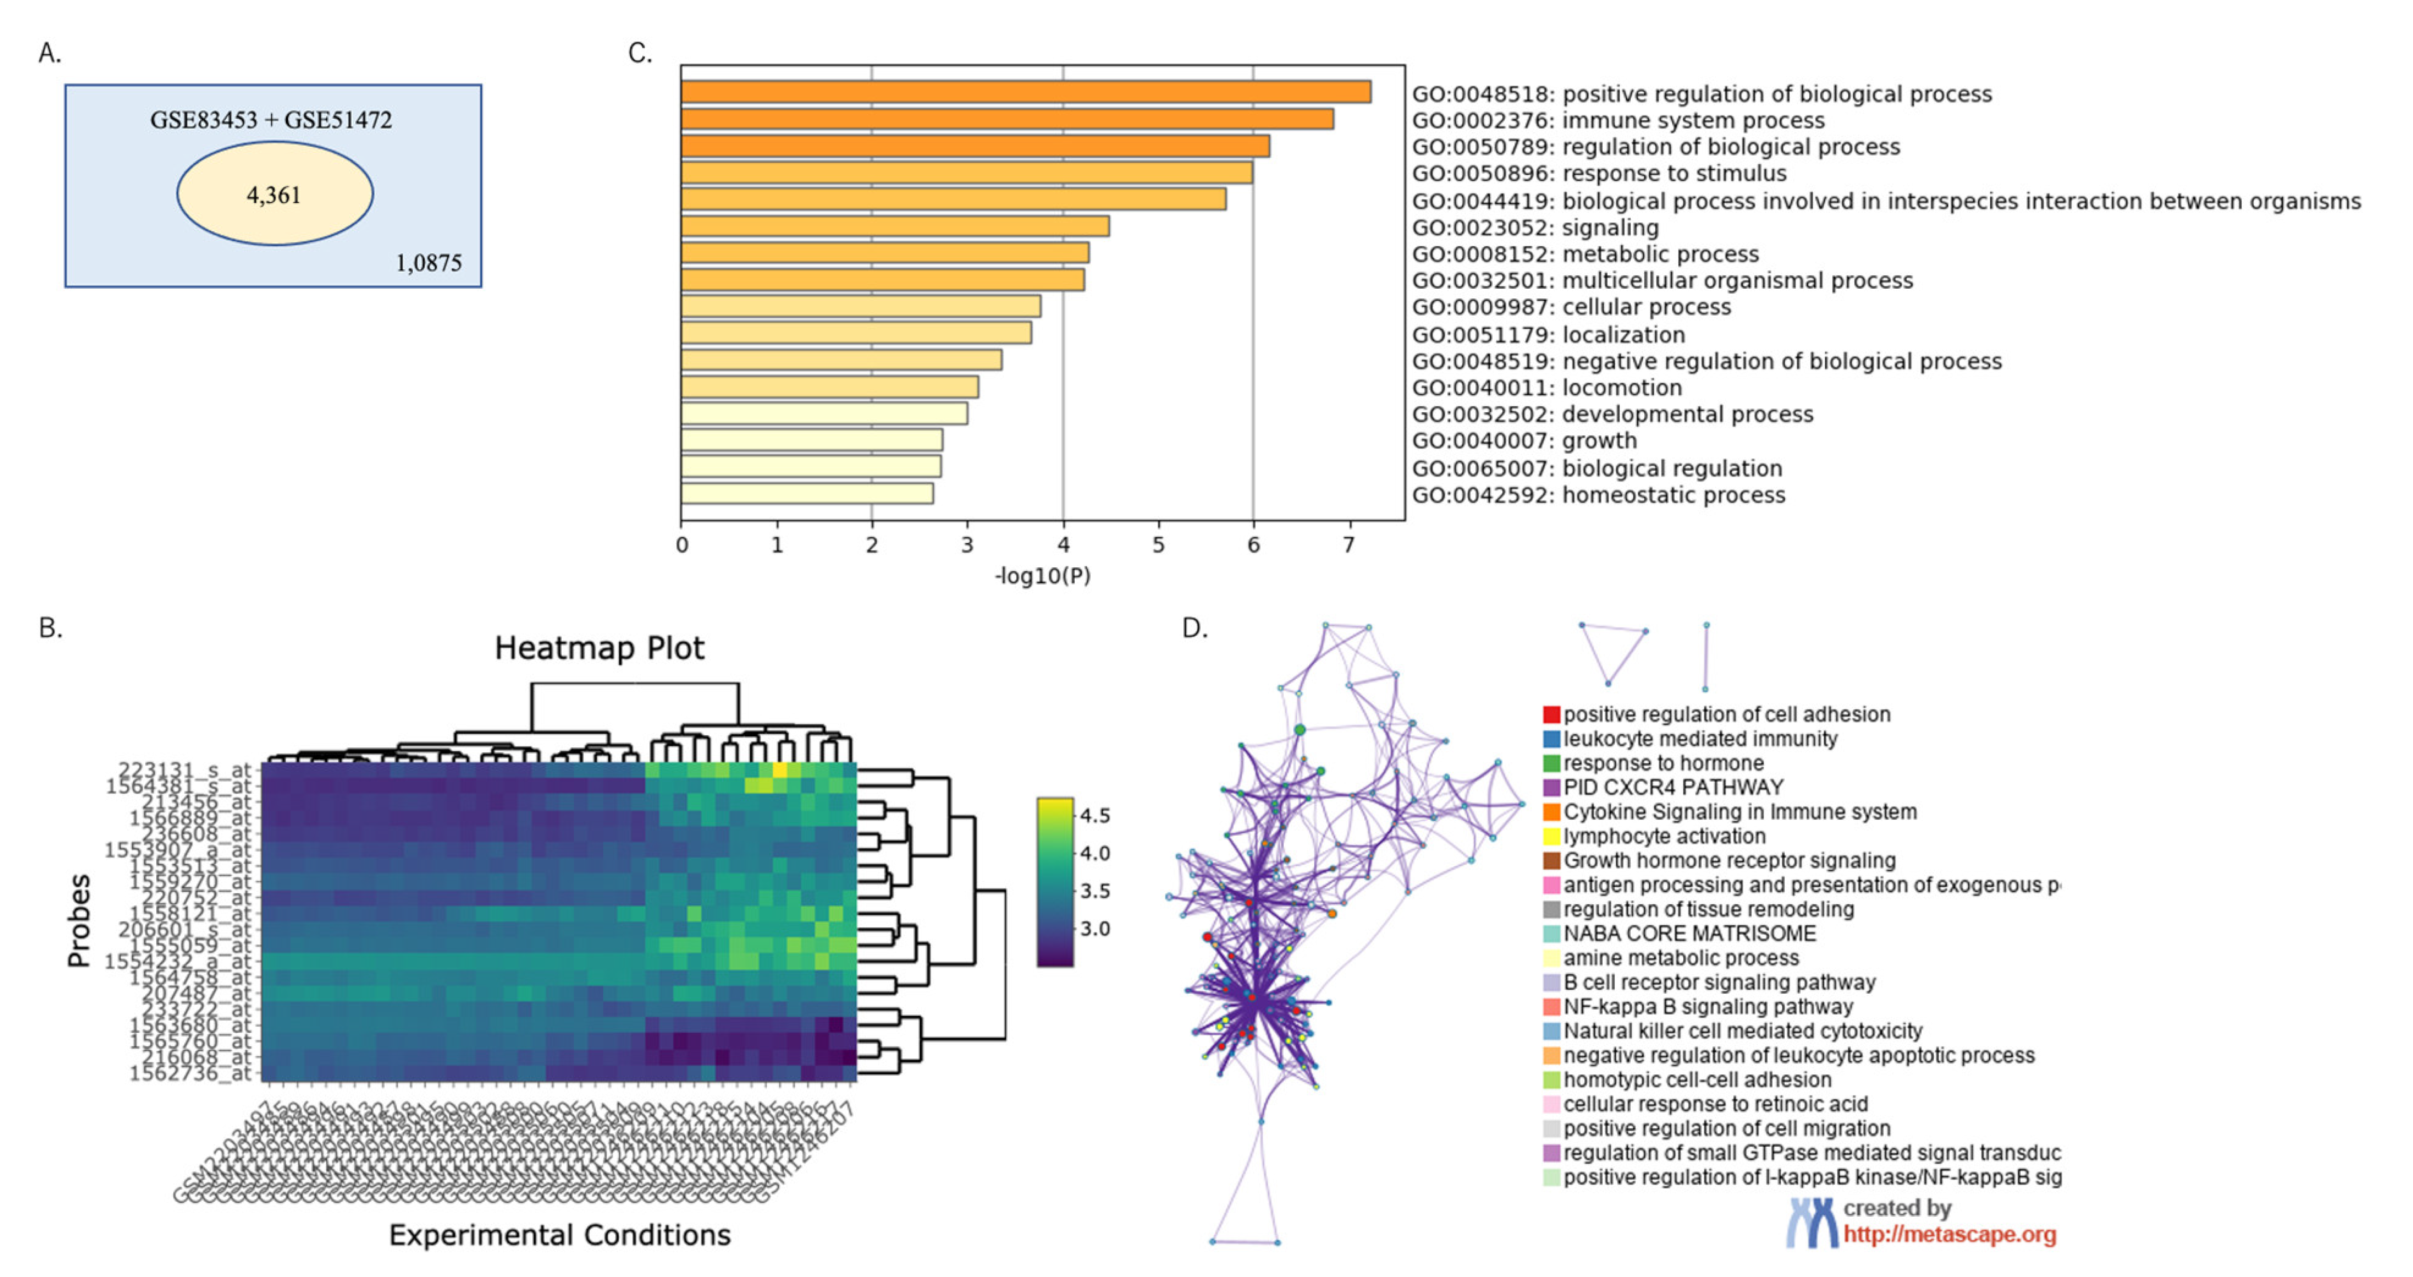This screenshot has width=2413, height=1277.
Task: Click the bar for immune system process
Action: tap(1007, 119)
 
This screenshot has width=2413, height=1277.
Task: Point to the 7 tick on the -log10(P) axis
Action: tap(1349, 545)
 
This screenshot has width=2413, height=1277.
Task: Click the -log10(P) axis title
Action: tap(1042, 575)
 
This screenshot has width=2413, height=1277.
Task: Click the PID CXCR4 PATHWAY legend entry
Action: tap(1673, 787)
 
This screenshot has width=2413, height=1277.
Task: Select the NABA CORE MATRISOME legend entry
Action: tap(1689, 933)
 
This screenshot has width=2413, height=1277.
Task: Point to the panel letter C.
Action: tap(640, 54)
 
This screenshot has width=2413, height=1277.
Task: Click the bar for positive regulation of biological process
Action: tap(1026, 92)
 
